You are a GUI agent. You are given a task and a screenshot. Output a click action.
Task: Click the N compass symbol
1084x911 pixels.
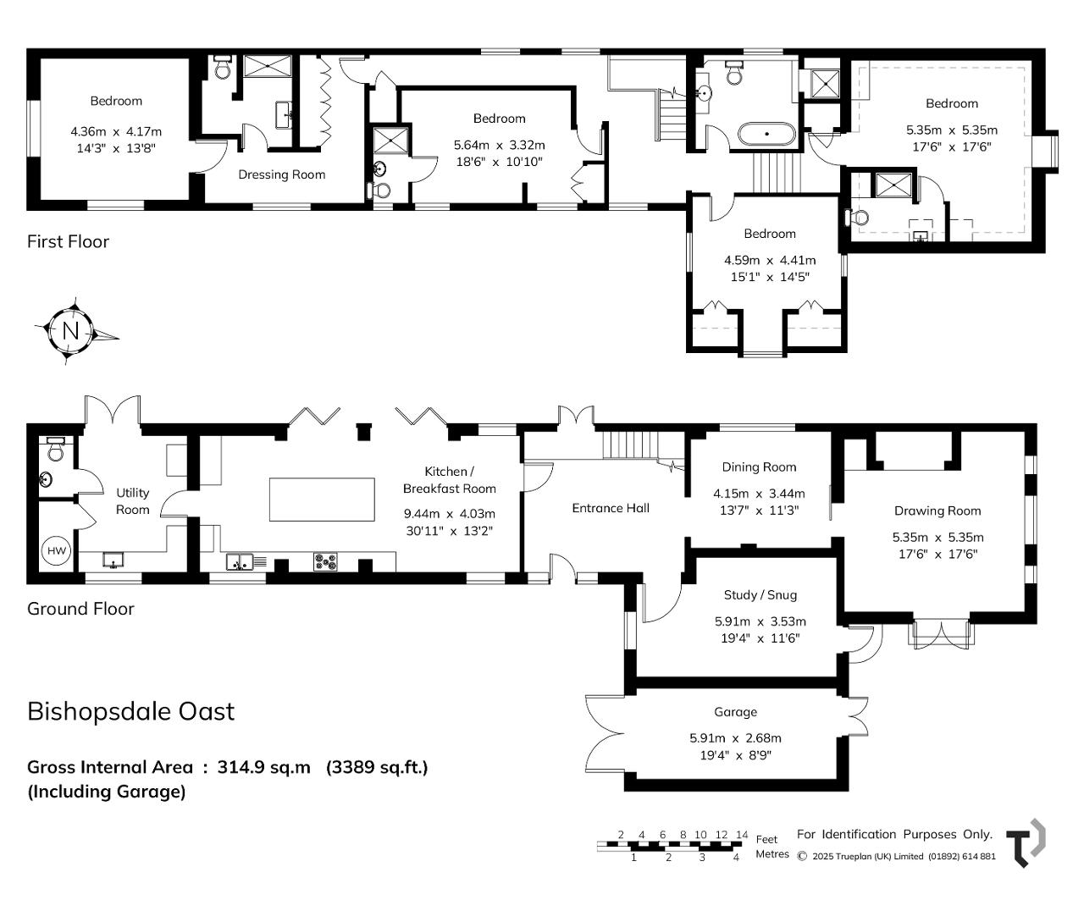pos(71,331)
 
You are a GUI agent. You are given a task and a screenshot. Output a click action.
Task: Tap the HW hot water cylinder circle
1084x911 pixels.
pos(57,551)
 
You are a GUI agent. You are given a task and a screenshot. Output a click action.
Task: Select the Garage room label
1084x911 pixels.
pos(735,712)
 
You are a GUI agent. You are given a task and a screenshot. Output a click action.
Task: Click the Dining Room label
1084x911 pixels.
pos(759,467)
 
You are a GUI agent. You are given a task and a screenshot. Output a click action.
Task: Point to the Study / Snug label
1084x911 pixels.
pos(760,595)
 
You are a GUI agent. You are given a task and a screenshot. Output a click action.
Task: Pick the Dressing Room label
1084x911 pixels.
pos(281,175)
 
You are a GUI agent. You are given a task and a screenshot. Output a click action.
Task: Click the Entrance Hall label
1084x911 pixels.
pos(611,508)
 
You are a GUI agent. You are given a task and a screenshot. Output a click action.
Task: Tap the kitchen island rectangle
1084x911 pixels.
pos(322,500)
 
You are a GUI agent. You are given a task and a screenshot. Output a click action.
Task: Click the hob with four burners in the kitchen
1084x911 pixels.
pos(325,561)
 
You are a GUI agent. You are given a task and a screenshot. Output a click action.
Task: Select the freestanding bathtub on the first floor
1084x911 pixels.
pos(766,134)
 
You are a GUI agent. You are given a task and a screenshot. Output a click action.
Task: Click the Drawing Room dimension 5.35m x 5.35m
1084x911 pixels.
pos(937,538)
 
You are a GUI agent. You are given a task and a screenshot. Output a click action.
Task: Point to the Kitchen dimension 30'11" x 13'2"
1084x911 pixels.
pos(449,531)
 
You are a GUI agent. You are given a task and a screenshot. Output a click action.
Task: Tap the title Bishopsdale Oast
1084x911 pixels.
pos(130,711)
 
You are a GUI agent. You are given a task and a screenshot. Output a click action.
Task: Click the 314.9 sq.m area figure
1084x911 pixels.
pos(263,767)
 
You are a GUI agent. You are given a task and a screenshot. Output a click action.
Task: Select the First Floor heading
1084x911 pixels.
pos(68,242)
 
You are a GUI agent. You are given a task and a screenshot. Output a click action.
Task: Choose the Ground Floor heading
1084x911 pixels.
pos(80,609)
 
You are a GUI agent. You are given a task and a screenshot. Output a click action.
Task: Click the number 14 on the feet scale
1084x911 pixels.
pos(742,835)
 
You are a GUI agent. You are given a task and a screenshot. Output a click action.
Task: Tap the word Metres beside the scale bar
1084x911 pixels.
pos(772,854)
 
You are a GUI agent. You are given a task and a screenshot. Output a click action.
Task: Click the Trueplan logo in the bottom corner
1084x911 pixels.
pos(1026,842)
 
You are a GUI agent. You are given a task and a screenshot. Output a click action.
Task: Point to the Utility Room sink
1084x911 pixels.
pos(113,560)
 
